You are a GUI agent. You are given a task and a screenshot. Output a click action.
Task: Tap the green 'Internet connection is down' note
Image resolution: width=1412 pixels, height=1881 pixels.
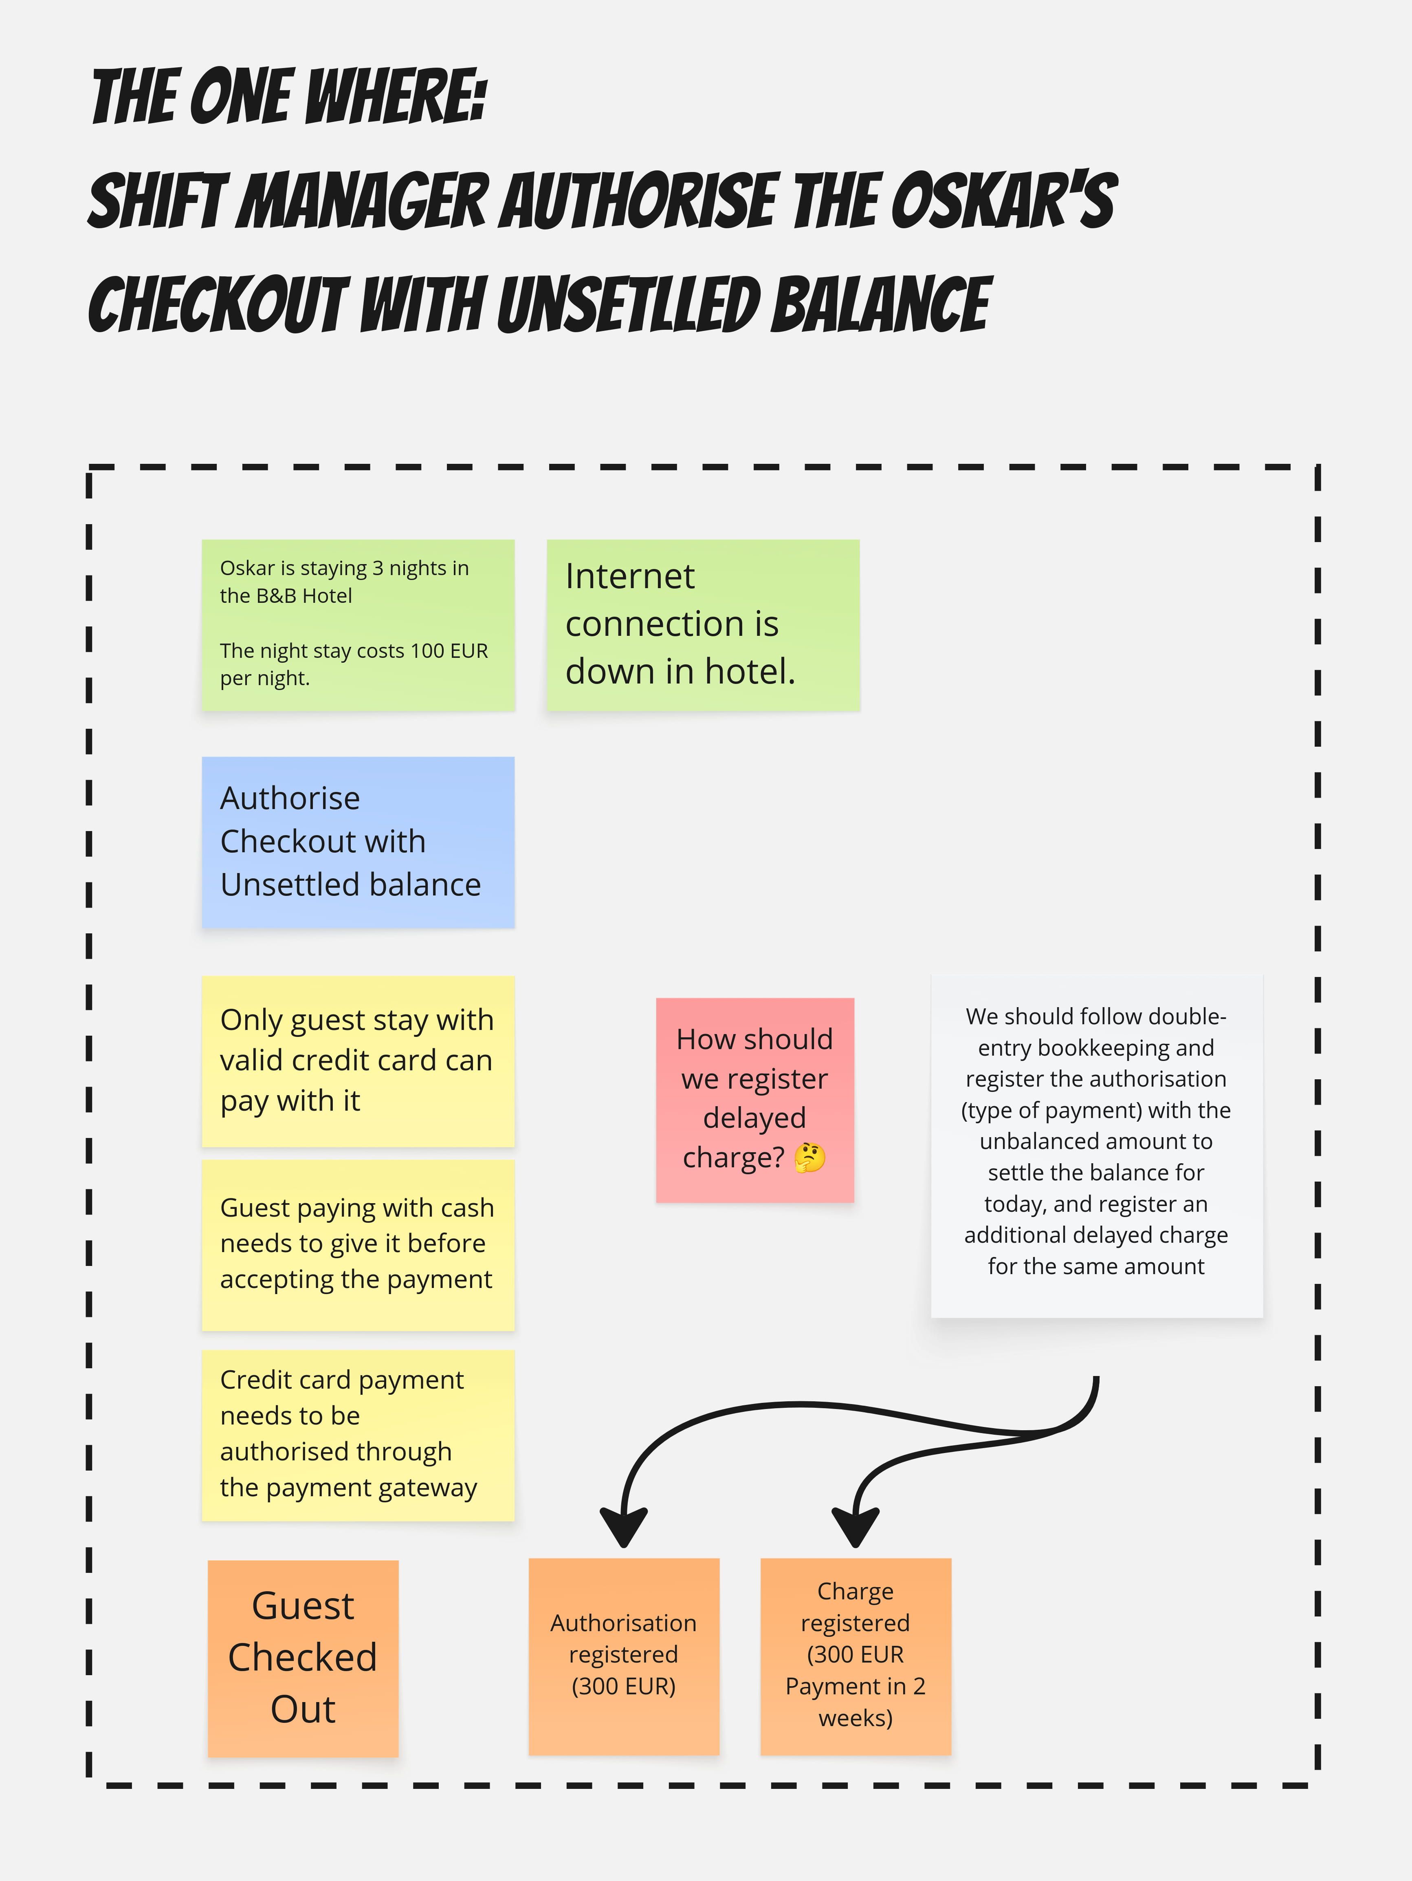(703, 625)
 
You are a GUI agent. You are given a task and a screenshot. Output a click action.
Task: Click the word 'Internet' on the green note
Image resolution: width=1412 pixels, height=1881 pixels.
(630, 577)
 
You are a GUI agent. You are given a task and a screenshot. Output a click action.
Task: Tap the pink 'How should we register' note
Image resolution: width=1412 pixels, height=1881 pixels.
(755, 1100)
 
